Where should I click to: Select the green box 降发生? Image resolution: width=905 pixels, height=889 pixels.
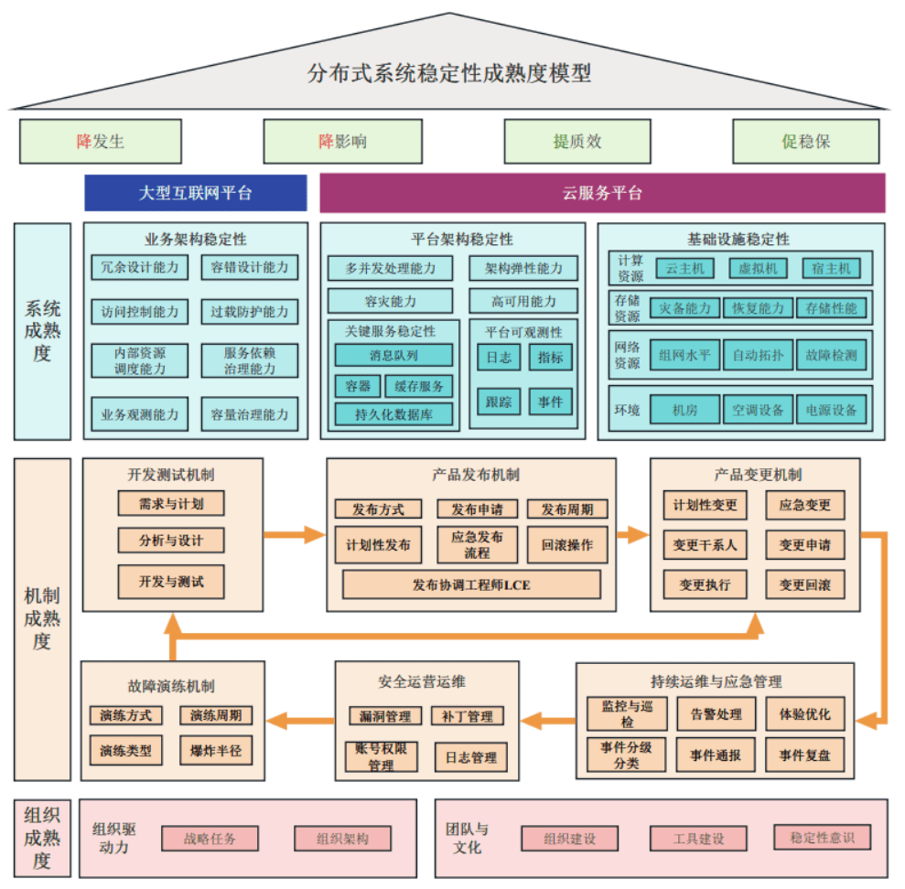click(x=101, y=142)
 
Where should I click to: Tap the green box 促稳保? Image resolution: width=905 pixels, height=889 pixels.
click(x=805, y=142)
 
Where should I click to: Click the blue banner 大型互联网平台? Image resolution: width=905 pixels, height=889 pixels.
click(x=195, y=193)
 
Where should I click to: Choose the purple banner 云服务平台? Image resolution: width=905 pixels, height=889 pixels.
click(x=602, y=193)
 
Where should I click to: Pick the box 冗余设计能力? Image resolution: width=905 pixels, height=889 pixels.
click(x=140, y=267)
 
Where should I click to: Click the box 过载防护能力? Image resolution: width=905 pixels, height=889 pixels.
click(x=249, y=311)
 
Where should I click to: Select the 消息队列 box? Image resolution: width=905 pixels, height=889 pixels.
click(x=393, y=355)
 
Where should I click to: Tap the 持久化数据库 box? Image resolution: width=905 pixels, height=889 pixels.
click(x=393, y=414)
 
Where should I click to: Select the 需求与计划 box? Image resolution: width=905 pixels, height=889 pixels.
click(x=171, y=503)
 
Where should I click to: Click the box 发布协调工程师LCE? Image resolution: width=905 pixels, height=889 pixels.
click(x=471, y=584)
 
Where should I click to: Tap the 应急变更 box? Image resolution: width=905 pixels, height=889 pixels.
click(x=804, y=505)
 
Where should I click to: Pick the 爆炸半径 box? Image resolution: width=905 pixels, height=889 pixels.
click(x=216, y=751)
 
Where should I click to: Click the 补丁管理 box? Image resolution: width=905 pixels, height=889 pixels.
click(x=467, y=716)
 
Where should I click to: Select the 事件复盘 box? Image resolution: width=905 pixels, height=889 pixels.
click(x=804, y=755)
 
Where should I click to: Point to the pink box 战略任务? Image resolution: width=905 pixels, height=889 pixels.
click(x=210, y=838)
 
